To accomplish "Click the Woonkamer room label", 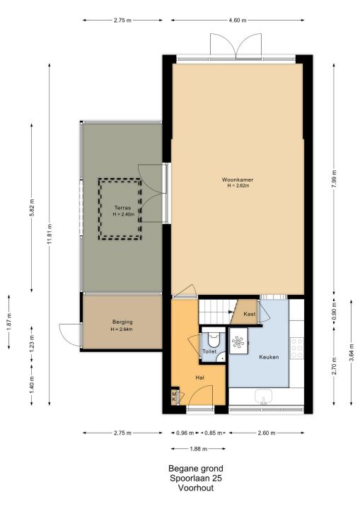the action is tap(238, 180).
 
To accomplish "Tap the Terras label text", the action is tap(122, 208).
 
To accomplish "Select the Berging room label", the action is tap(122, 322).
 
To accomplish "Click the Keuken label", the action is tap(269, 357).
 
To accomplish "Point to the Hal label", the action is tap(200, 378).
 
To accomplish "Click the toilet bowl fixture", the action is tap(214, 340).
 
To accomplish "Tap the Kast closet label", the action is tap(250, 314).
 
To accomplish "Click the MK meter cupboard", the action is tap(175, 397).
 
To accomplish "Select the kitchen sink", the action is tap(264, 397).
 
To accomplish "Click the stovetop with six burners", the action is tap(297, 349).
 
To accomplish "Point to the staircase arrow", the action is tap(231, 312).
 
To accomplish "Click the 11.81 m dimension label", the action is tap(50, 234).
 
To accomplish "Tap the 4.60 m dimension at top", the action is tap(238, 20).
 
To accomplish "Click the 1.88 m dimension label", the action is tap(198, 449).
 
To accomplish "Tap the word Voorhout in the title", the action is tap(196, 488).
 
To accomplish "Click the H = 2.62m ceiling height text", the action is tap(238, 186).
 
